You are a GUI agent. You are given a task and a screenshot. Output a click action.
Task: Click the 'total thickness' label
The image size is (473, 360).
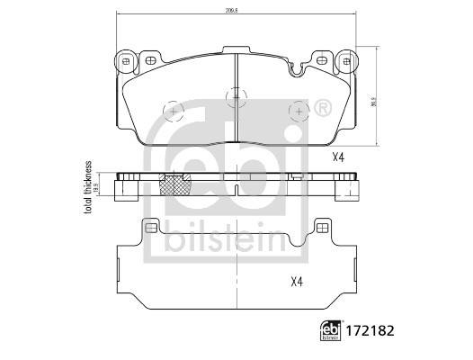point(88,190)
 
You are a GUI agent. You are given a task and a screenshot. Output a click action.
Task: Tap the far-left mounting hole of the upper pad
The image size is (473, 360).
point(125,61)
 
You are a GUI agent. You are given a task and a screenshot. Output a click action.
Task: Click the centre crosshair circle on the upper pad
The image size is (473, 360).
point(236,94)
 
